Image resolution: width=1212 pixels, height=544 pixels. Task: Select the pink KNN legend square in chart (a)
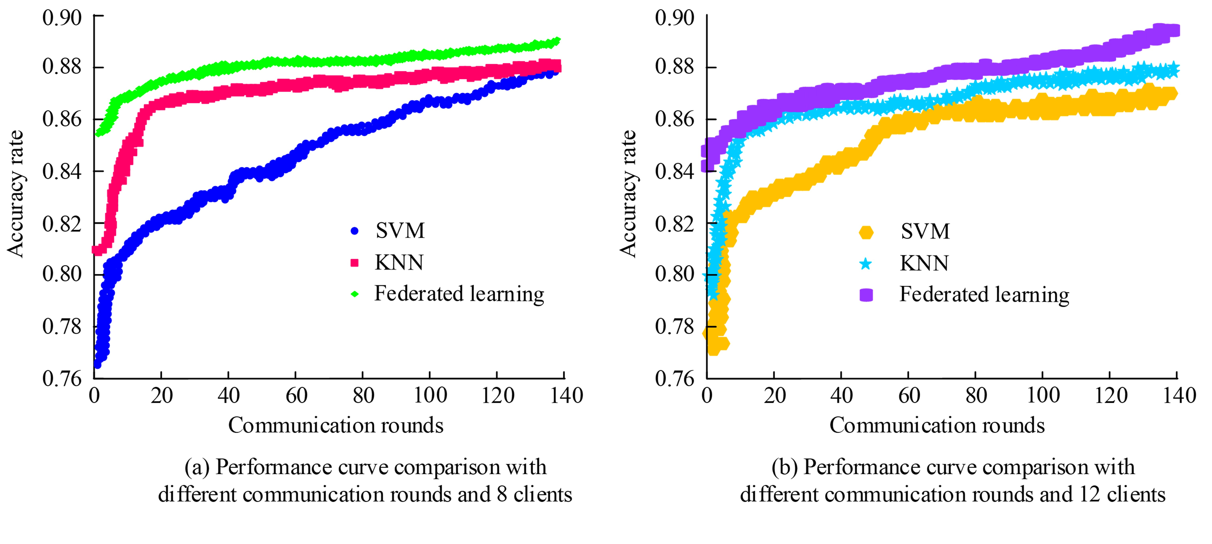point(355,263)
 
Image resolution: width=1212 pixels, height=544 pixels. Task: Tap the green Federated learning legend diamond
point(355,294)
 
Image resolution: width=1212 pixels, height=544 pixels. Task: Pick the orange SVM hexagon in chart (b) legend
point(866,232)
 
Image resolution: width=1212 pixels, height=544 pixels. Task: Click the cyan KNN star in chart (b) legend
point(866,264)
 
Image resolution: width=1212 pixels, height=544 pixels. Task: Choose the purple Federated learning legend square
point(866,295)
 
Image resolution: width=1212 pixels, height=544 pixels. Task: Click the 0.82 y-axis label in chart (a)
point(62,224)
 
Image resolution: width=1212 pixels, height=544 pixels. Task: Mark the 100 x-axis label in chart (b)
point(1043,395)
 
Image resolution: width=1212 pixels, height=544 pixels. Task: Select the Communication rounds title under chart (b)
point(937,425)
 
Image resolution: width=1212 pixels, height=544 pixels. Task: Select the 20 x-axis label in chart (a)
point(161,395)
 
